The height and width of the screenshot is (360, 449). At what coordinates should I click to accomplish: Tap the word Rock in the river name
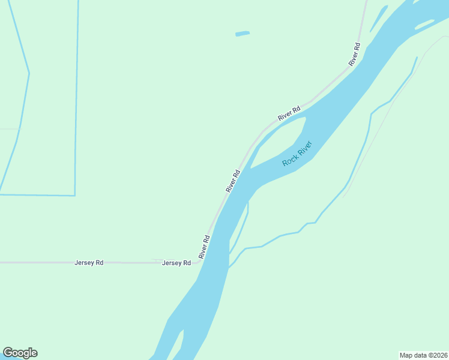point(291,159)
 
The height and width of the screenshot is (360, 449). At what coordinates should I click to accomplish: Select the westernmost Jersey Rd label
point(89,263)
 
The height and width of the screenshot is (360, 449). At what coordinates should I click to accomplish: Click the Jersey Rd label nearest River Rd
point(176,263)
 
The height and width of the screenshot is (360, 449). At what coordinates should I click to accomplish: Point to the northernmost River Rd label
point(354,54)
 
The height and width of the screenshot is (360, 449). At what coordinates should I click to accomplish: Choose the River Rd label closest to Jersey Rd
point(205,247)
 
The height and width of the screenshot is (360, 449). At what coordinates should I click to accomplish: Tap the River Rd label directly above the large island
point(289,112)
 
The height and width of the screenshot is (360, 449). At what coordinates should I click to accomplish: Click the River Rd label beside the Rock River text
point(233,181)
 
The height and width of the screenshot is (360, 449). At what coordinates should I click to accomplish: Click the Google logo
point(20,353)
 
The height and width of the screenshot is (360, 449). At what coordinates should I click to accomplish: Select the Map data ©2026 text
point(423,355)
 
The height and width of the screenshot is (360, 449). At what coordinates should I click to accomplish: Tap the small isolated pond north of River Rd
point(243,34)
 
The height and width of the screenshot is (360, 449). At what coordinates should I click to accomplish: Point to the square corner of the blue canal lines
point(74,195)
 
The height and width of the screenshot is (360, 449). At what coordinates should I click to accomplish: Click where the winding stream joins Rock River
point(230,267)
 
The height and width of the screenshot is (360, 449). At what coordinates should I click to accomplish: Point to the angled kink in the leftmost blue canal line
point(29,74)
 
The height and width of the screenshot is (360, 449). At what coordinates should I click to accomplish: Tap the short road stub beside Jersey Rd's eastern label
point(157,260)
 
